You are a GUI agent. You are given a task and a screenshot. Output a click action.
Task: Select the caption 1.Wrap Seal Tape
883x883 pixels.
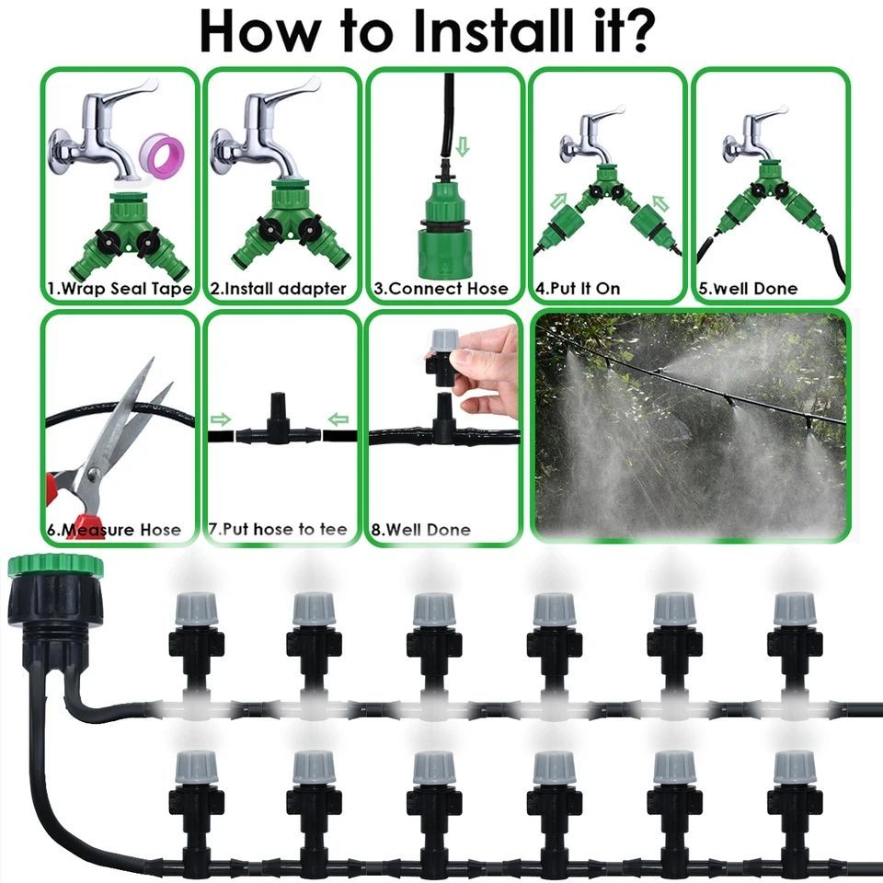(x=120, y=289)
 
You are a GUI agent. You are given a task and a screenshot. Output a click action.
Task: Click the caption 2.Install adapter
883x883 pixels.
(x=278, y=289)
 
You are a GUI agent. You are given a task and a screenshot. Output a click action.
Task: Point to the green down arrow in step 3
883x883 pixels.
(x=463, y=145)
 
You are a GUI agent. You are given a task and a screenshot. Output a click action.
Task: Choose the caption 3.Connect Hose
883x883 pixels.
(x=441, y=289)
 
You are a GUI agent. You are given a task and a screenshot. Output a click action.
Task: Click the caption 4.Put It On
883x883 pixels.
(x=578, y=289)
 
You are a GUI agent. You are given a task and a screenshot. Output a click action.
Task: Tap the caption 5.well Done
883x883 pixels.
(x=748, y=289)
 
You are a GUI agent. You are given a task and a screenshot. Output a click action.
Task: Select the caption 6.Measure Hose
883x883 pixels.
(x=114, y=530)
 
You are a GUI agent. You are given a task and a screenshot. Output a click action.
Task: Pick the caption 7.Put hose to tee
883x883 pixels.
(x=278, y=530)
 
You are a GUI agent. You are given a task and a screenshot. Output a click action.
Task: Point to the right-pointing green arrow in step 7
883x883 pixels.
(x=220, y=419)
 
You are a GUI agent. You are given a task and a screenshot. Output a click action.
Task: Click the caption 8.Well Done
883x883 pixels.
(x=420, y=530)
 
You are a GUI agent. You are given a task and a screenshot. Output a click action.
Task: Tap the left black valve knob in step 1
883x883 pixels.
(x=107, y=242)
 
